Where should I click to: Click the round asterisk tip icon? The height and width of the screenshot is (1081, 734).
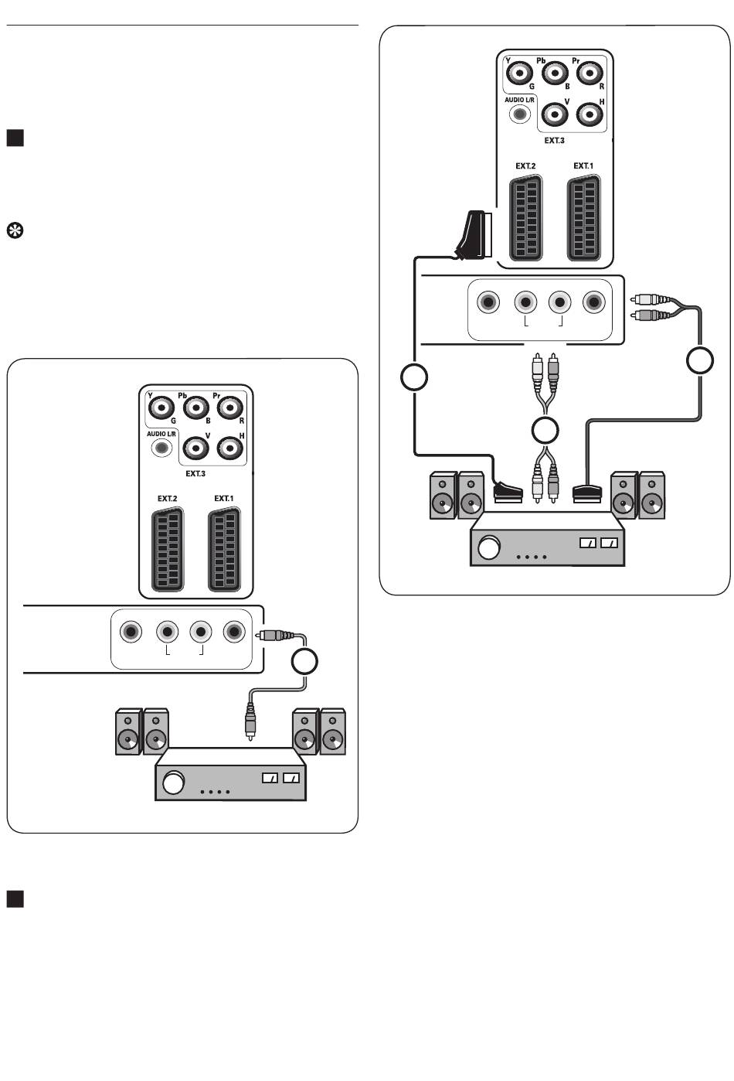[14, 230]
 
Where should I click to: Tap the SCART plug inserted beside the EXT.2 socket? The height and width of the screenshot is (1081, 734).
[471, 235]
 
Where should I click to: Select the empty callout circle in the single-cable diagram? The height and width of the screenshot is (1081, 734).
[305, 661]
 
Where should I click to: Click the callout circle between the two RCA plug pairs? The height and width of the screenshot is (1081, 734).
[546, 430]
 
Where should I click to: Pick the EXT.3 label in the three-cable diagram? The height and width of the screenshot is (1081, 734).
[554, 141]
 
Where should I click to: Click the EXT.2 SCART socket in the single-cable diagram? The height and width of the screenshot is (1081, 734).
[167, 550]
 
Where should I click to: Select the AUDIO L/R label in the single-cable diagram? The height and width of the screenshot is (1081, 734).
[161, 434]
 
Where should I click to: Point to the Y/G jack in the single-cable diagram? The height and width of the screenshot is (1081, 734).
[161, 407]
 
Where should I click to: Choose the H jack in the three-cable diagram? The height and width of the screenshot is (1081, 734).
[590, 114]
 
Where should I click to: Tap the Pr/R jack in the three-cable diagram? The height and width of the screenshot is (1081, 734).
[590, 73]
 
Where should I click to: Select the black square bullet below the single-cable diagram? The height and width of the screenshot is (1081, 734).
[15, 898]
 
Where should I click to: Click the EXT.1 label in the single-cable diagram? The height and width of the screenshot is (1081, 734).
[223, 499]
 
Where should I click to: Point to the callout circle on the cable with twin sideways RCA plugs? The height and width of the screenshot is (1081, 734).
[700, 361]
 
